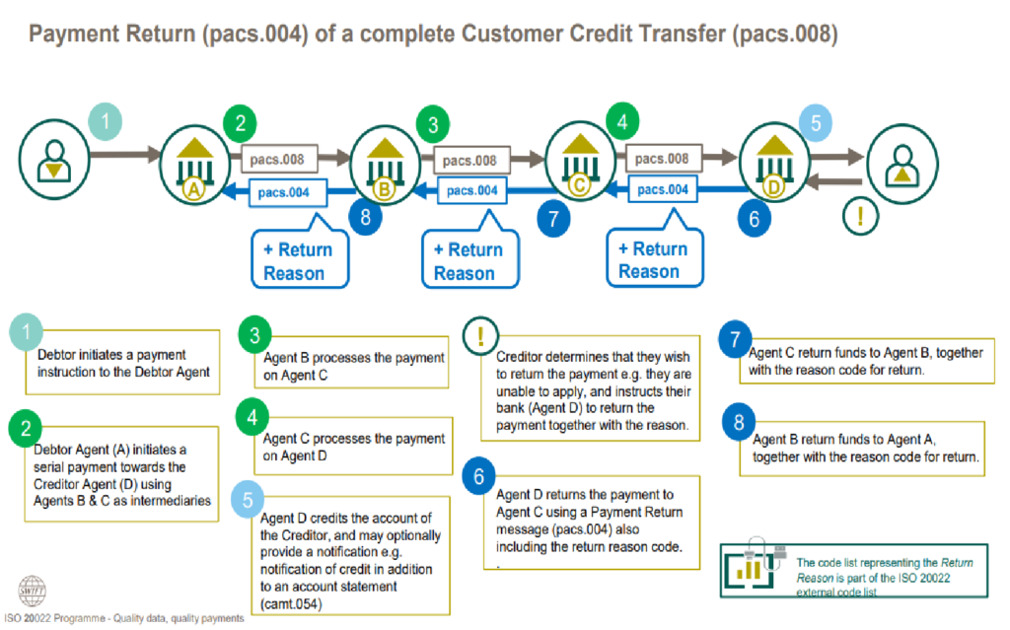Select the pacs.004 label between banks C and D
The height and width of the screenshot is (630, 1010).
click(663, 188)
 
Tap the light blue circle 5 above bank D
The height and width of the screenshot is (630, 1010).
click(816, 125)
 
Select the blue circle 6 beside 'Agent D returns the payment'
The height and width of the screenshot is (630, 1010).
click(477, 478)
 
